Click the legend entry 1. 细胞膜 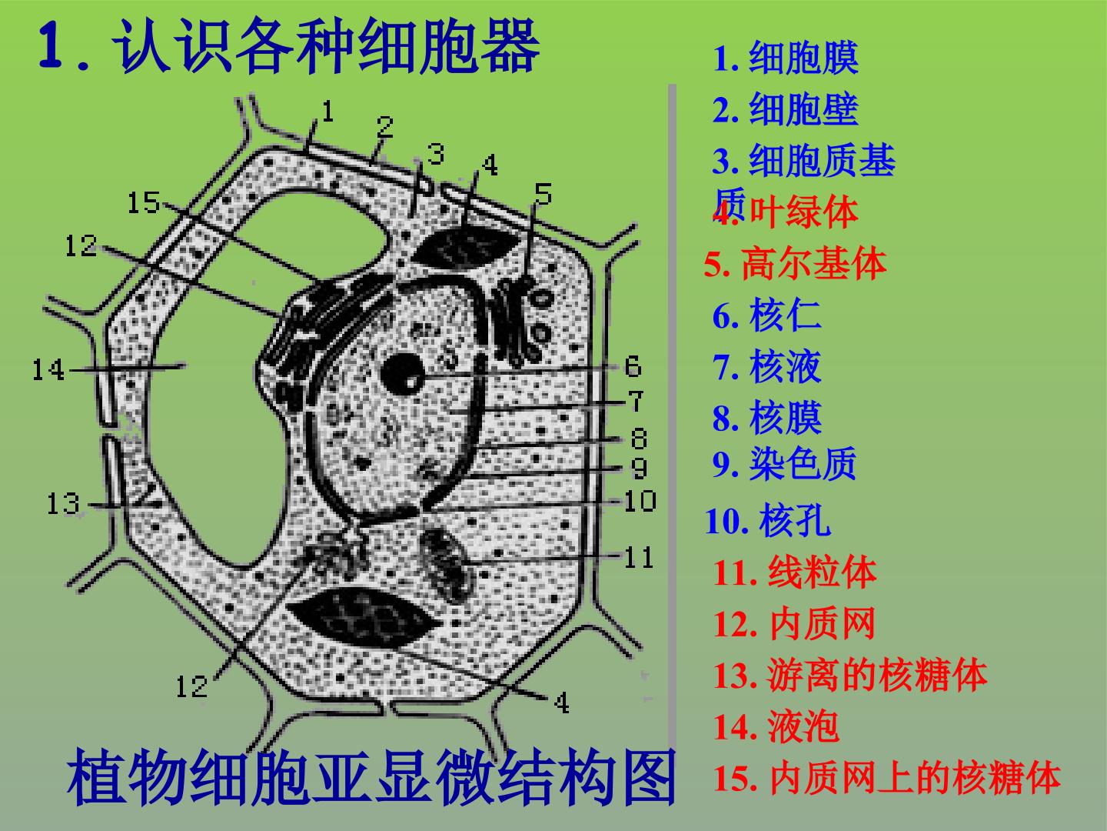[785, 58]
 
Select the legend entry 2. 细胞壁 [785, 109]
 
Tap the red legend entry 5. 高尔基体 [795, 263]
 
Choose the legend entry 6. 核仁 [766, 315]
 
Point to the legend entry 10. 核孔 [767, 520]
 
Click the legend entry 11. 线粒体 [795, 572]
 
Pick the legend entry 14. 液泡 [776, 726]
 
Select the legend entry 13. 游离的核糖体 [849, 675]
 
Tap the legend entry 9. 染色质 [784, 463]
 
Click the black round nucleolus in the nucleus [403, 375]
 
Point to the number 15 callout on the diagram [144, 202]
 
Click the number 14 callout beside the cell [48, 369]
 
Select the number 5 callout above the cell [544, 194]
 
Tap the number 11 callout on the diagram [639, 557]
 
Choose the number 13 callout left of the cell [63, 503]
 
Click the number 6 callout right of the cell [633, 366]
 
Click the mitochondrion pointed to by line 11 [448, 564]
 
